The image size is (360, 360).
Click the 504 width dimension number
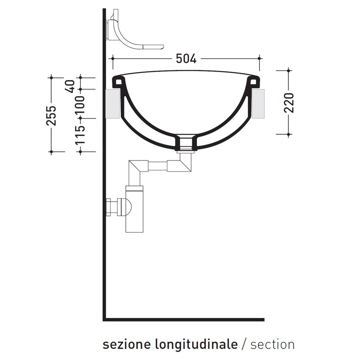[186, 58]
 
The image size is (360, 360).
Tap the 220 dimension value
[289, 103]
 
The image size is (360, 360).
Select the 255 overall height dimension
[51, 115]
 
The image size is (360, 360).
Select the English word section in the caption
[272, 344]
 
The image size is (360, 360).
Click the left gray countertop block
[114, 103]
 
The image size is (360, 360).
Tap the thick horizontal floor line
[184, 319]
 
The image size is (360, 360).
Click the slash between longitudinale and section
[244, 344]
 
